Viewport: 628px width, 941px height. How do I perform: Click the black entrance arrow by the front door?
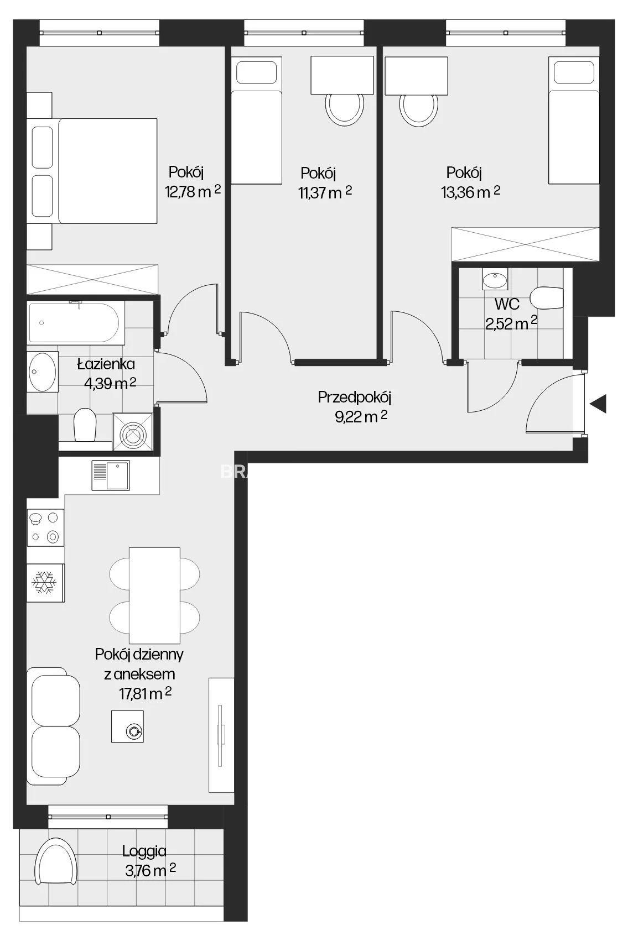point(598,404)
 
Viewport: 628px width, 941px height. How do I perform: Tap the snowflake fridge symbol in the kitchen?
point(44,582)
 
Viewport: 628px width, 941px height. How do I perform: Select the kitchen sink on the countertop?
point(111,475)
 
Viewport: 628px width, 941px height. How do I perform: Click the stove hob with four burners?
point(45,527)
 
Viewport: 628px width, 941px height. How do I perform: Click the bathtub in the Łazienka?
point(76,323)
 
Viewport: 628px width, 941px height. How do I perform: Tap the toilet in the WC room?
point(546,297)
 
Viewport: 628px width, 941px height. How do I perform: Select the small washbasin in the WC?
point(495,279)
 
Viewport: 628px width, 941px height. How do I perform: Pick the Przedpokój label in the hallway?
point(355,397)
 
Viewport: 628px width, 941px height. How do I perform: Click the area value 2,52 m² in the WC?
point(511,323)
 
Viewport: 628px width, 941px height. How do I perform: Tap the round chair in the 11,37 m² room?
point(344,108)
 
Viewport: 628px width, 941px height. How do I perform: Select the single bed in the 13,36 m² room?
point(574,121)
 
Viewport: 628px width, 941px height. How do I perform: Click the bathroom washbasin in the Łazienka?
point(43,371)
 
